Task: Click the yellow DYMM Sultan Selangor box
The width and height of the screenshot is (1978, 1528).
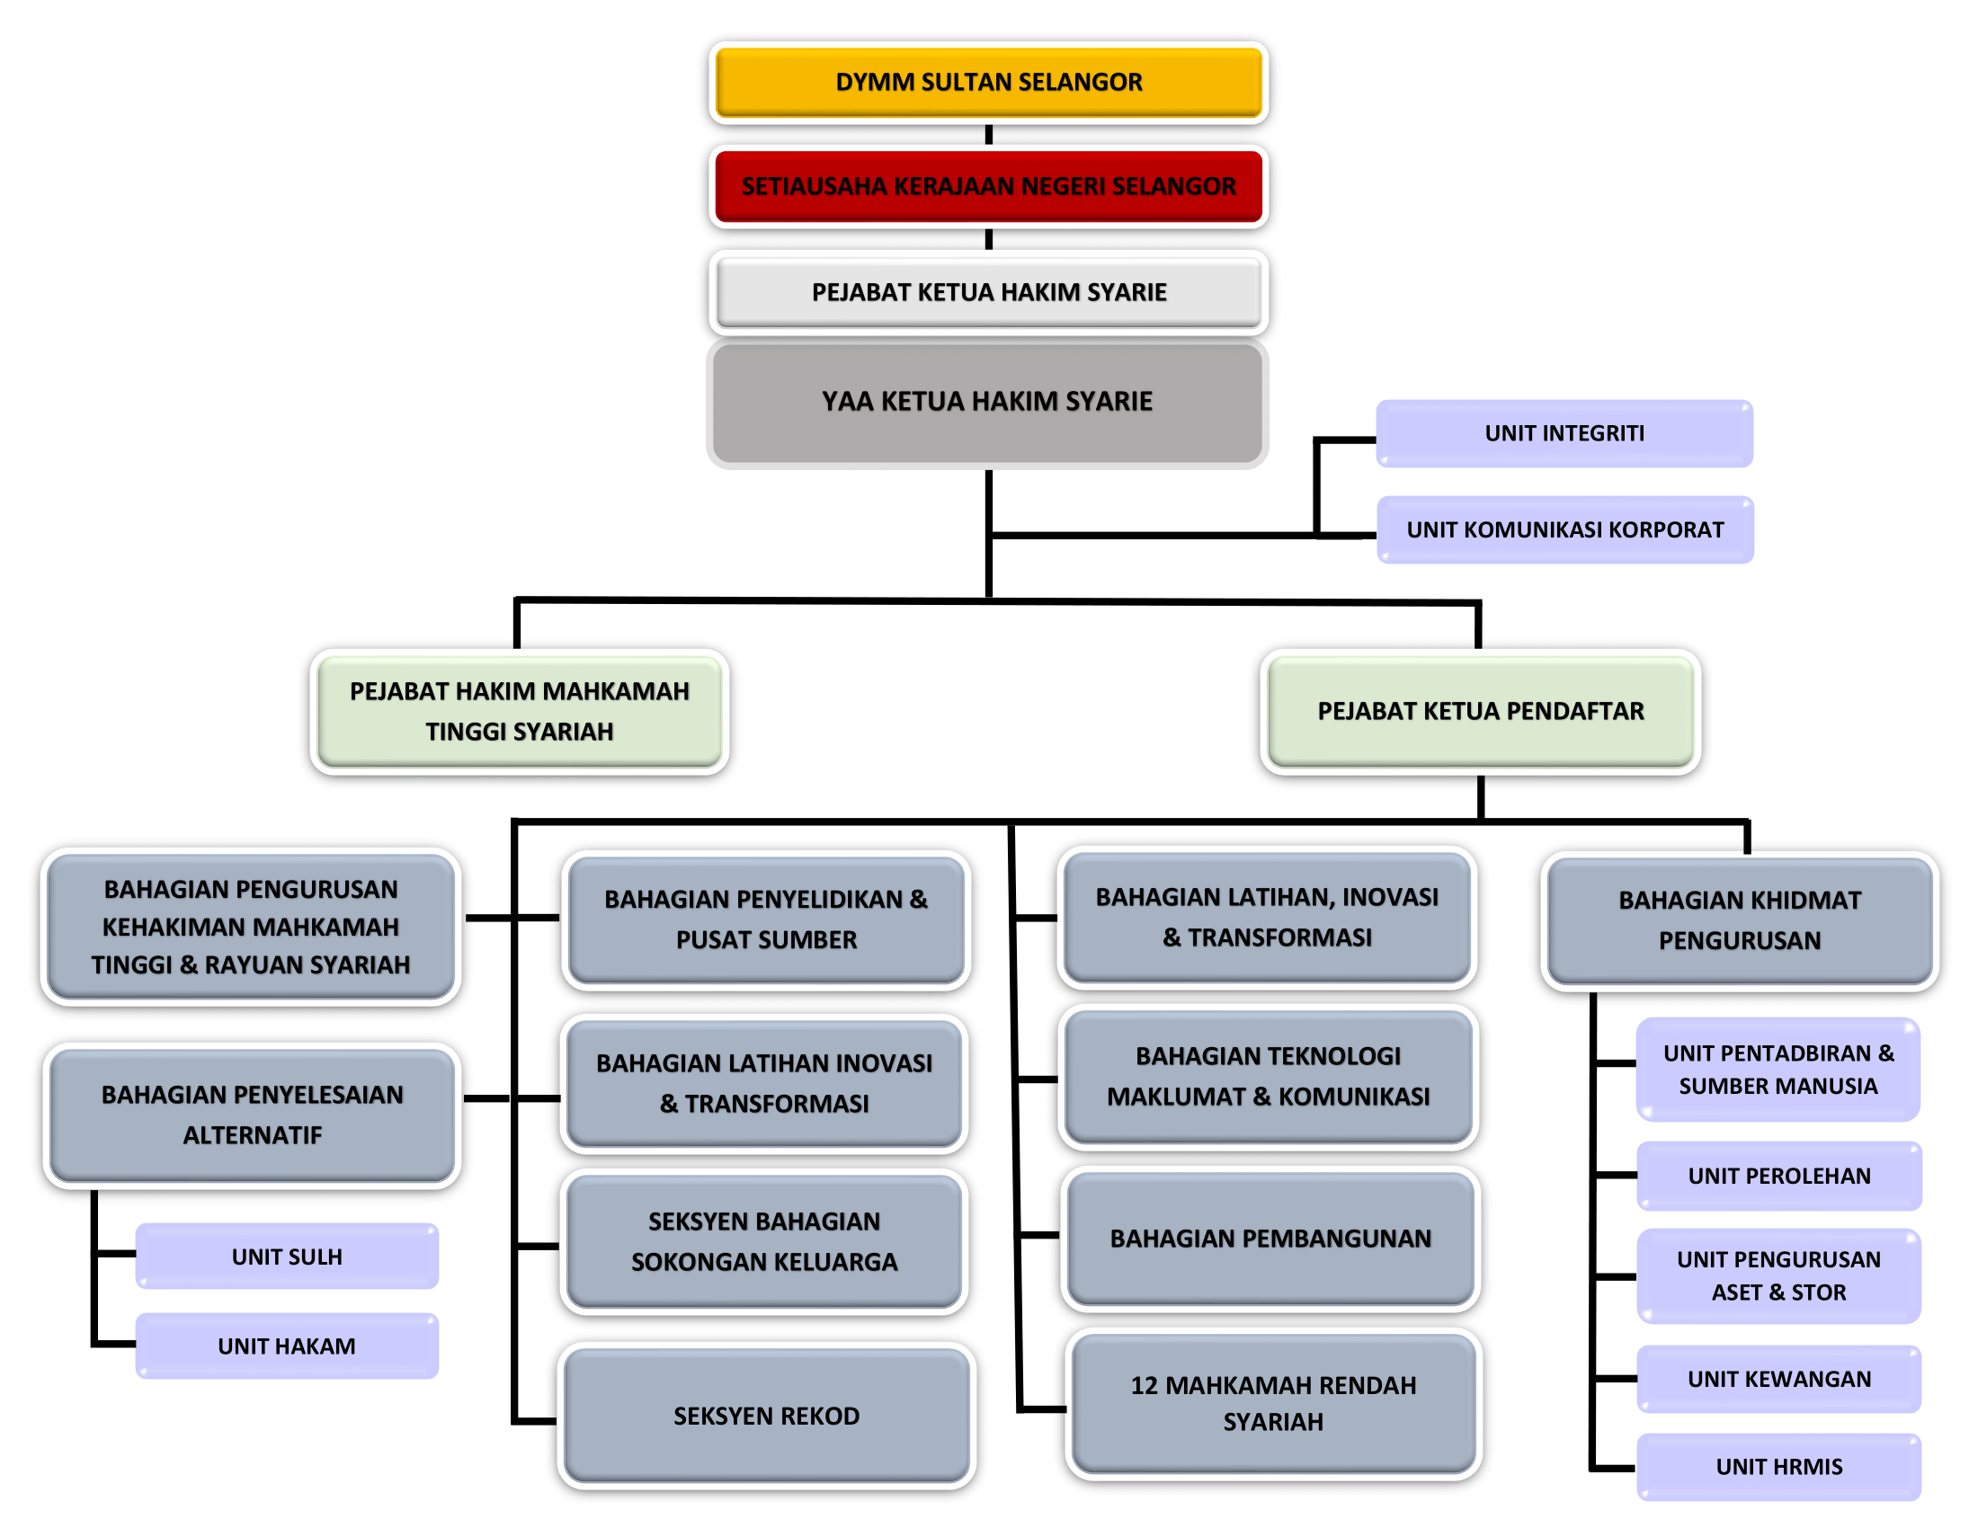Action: pyautogui.click(x=988, y=82)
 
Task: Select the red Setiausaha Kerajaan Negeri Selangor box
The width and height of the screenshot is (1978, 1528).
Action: pyautogui.click(x=988, y=185)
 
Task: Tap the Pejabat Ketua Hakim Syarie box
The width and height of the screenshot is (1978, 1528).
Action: pyautogui.click(x=988, y=292)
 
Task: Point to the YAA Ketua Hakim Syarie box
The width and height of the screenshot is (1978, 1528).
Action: pyautogui.click(x=987, y=402)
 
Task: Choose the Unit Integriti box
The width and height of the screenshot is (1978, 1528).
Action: pyautogui.click(x=1564, y=433)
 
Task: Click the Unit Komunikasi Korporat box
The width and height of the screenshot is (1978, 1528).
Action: pyautogui.click(x=1565, y=529)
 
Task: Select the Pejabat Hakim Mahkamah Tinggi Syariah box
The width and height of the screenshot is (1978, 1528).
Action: pyautogui.click(x=519, y=712)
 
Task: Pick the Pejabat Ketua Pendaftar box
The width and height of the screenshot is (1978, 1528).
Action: pyautogui.click(x=1480, y=712)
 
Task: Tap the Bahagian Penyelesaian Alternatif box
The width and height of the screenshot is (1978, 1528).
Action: pyautogui.click(x=252, y=1115)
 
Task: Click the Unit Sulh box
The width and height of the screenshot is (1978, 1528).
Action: pyautogui.click(x=287, y=1257)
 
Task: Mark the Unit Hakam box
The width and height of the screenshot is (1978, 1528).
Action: pyautogui.click(x=287, y=1346)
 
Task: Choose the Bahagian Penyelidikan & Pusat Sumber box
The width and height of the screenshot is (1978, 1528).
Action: pyautogui.click(x=766, y=919)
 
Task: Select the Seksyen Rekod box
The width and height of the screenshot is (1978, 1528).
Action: pyautogui.click(x=766, y=1416)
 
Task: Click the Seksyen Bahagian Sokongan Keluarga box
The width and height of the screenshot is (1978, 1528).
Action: pyautogui.click(x=764, y=1241)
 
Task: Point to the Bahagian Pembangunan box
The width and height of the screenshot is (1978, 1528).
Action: pyautogui.click(x=1270, y=1239)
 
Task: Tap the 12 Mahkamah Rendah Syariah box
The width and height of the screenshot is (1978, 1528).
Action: pyautogui.click(x=1273, y=1403)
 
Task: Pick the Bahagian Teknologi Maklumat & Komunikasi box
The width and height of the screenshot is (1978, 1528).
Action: pyautogui.click(x=1268, y=1076)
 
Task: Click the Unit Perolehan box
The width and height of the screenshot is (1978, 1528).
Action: pyautogui.click(x=1778, y=1176)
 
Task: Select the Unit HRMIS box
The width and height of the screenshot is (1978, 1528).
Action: pyautogui.click(x=1778, y=1467)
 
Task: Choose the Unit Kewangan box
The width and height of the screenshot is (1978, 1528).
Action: pyautogui.click(x=1778, y=1379)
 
